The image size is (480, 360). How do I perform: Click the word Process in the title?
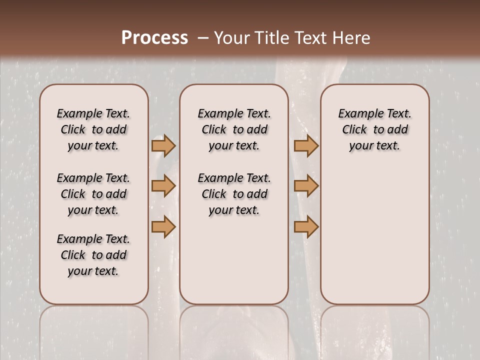coord(154,38)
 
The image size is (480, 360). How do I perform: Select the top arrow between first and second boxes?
coord(163,146)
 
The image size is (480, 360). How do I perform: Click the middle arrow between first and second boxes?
coord(163,186)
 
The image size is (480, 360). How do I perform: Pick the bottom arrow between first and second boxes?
coord(163,227)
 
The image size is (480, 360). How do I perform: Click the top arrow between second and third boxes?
coord(306,146)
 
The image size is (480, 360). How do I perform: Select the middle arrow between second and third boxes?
coord(306,186)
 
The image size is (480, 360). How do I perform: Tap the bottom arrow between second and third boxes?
coord(306,227)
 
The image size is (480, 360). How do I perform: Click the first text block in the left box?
coord(93,129)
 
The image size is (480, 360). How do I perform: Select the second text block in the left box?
coord(93,194)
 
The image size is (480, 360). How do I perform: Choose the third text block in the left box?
coord(93,255)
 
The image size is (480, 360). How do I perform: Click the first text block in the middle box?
coord(234,129)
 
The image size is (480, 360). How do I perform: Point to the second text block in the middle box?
coord(234,194)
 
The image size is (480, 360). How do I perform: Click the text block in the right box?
coord(374,129)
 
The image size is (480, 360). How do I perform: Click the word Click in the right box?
coord(354,129)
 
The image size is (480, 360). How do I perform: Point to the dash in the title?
coord(203,38)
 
